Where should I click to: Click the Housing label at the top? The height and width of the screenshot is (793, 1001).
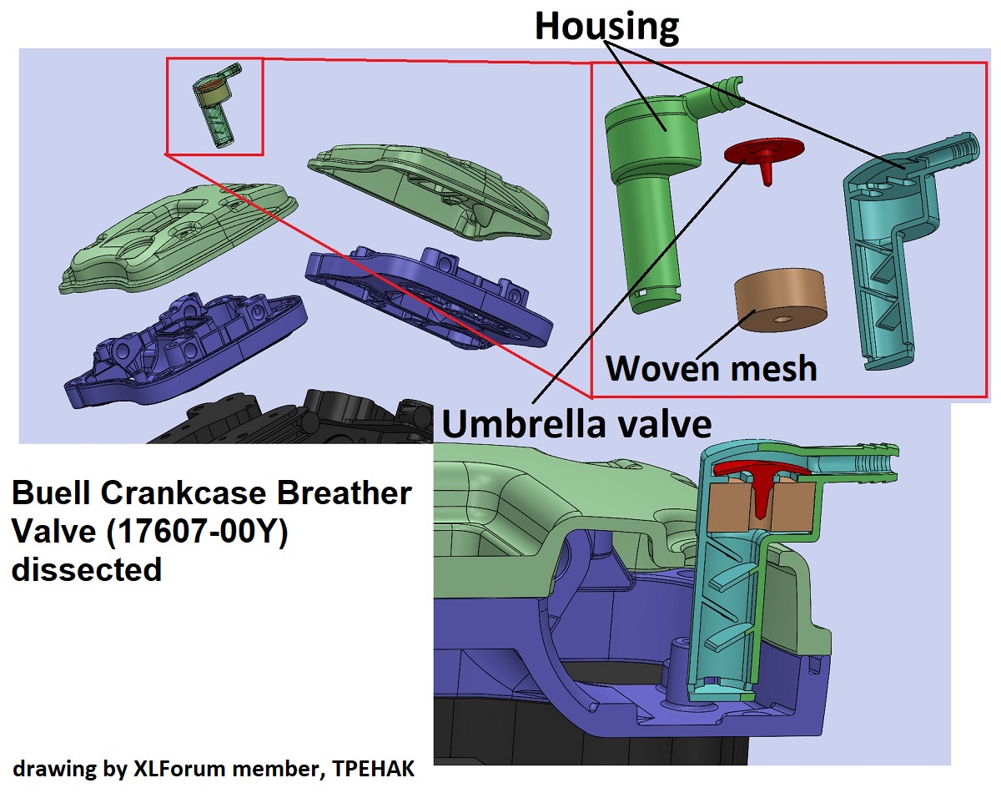(606, 26)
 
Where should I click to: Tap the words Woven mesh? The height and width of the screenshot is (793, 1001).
(711, 366)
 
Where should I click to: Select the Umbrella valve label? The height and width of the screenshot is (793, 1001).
(576, 424)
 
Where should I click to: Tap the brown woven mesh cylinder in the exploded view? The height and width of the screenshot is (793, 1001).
(780, 301)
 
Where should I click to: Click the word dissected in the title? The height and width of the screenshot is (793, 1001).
(86, 570)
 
